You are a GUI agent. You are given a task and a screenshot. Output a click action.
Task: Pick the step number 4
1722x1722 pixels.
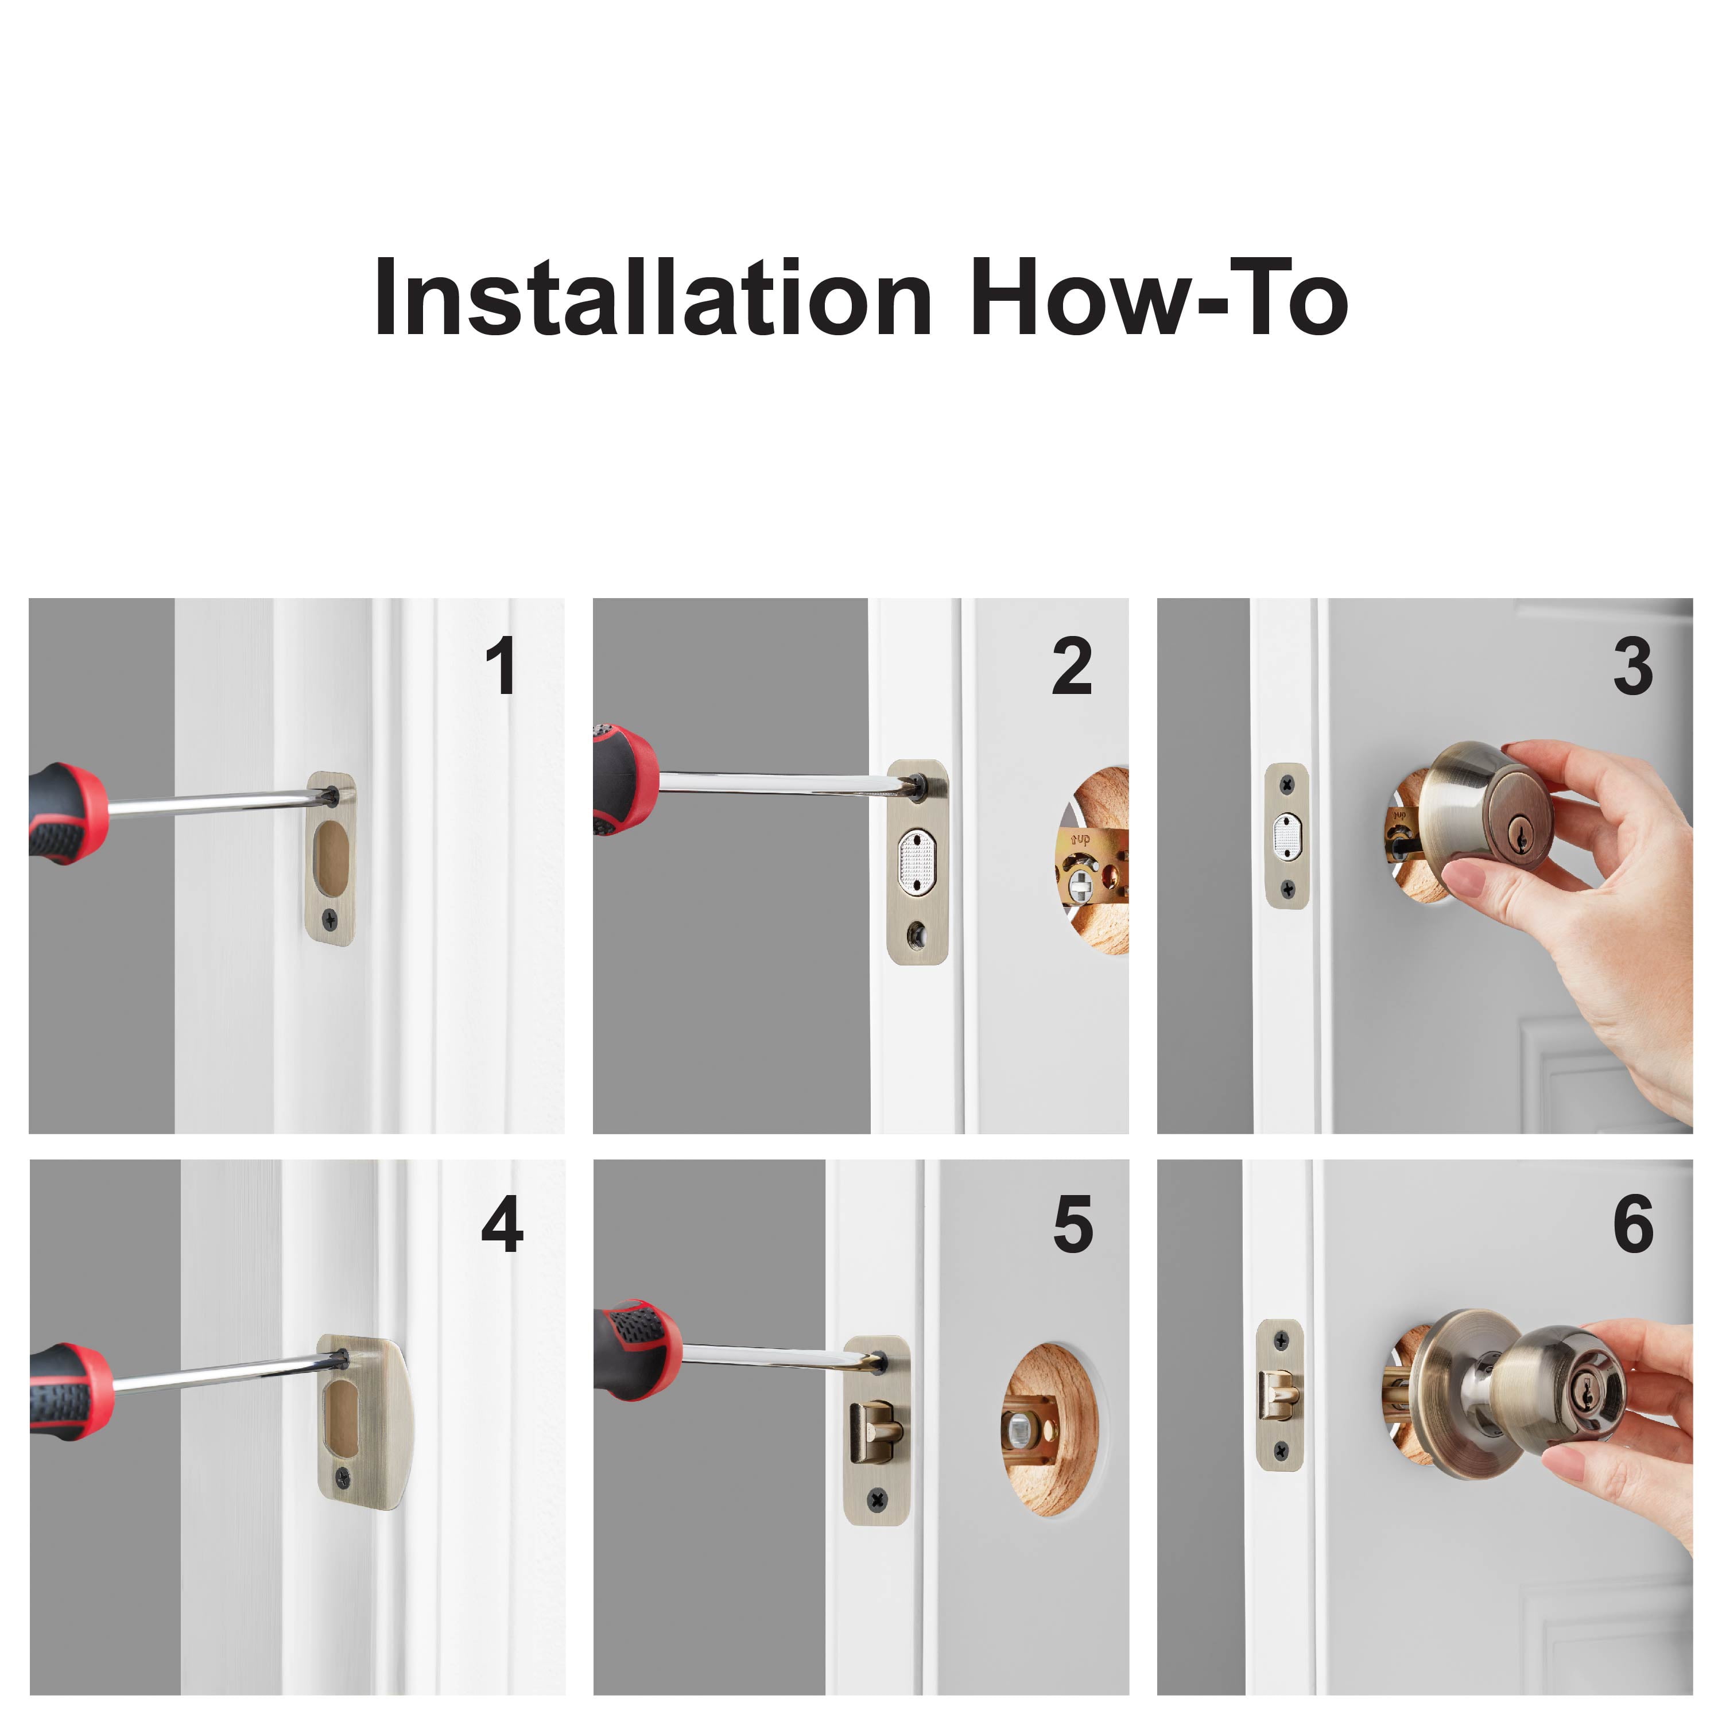502,1224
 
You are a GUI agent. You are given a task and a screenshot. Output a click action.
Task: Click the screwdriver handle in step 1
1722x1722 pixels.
67,813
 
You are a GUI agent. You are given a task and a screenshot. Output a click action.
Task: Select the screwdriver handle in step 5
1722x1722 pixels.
637,1349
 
